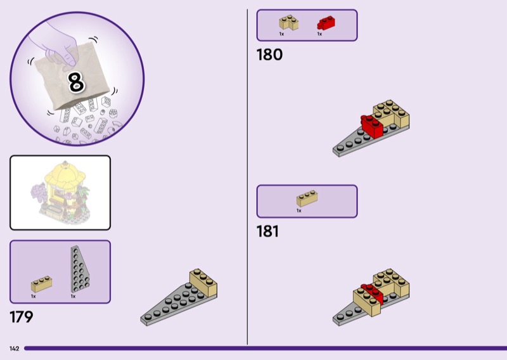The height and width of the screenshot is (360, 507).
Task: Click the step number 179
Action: (21, 317)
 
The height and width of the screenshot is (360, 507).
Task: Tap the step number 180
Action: (269, 55)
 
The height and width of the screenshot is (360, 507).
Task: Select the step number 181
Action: (267, 232)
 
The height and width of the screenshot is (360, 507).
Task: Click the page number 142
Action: (14, 349)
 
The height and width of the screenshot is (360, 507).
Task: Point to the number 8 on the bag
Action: (76, 82)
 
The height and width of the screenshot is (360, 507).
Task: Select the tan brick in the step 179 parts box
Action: (42, 284)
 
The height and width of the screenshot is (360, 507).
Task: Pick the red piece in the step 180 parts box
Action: (325, 23)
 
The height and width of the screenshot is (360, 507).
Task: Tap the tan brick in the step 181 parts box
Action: (307, 199)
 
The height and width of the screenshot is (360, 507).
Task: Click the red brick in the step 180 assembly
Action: (372, 127)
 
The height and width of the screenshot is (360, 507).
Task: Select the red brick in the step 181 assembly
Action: (369, 292)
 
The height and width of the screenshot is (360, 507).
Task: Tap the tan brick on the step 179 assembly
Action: (204, 283)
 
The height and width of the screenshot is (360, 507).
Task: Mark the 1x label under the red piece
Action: (319, 34)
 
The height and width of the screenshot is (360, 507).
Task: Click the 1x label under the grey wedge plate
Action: (73, 296)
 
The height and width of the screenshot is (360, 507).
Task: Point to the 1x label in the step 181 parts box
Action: (299, 210)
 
